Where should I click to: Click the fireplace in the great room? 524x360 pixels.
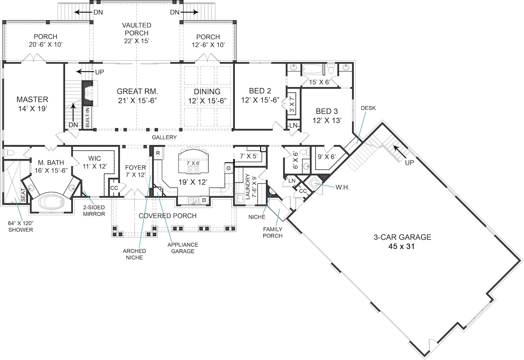(87, 93)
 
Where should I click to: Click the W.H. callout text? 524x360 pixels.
(342, 188)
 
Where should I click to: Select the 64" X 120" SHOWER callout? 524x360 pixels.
(21, 226)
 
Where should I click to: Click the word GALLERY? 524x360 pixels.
(164, 137)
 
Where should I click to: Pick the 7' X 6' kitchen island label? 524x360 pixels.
(193, 163)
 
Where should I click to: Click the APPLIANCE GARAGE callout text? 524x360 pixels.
(183, 248)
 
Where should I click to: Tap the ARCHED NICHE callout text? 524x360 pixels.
(134, 254)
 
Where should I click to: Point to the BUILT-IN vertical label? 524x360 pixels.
(87, 117)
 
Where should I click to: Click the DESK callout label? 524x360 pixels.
(368, 108)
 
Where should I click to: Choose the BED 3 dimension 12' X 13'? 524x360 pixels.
(327, 120)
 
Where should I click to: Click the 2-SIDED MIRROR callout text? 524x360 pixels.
(94, 211)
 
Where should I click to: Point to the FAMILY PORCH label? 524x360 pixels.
(272, 233)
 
